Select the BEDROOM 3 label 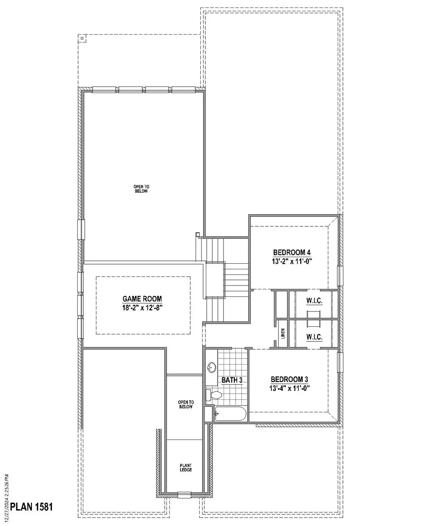(290, 379)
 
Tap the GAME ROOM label (143, 298)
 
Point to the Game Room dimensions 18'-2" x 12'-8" (143, 308)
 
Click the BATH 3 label (232, 380)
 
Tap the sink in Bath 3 (211, 367)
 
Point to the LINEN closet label (283, 333)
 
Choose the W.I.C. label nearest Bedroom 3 (314, 337)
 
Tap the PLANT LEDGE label (186, 468)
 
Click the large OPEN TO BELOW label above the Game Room (141, 189)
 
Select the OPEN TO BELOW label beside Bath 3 (186, 404)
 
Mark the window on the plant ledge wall (184, 494)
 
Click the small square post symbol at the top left (82, 39)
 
